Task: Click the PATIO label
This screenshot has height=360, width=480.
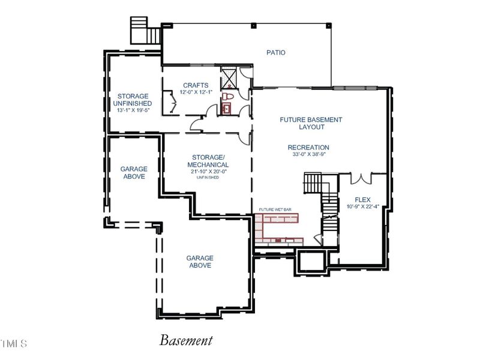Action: (x=276, y=53)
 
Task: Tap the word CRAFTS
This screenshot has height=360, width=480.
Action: (x=196, y=86)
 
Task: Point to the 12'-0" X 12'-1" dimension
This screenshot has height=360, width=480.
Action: (x=196, y=92)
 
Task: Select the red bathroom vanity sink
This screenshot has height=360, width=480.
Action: (x=226, y=109)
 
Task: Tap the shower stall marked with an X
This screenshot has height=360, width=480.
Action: (x=229, y=78)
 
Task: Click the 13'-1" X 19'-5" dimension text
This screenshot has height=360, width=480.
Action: (x=133, y=110)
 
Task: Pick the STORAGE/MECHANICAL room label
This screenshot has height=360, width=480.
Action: (x=208, y=161)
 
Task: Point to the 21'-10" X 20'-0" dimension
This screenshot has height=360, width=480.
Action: (x=208, y=172)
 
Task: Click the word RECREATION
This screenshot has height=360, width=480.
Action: (x=308, y=148)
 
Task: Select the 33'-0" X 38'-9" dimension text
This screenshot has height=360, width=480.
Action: (x=308, y=154)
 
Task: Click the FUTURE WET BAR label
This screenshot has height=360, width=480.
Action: (x=275, y=209)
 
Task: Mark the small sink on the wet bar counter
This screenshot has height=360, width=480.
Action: (x=278, y=241)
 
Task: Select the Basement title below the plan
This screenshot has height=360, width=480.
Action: (x=186, y=341)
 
